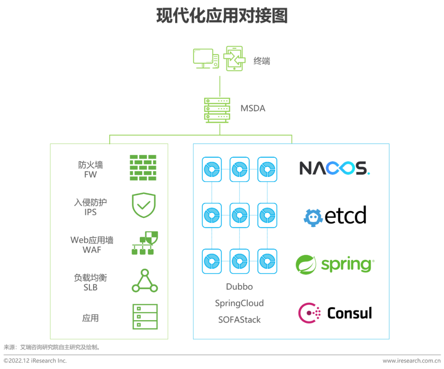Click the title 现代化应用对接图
point(222,16)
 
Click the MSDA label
point(253,109)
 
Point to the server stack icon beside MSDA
point(217,110)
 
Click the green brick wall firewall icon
point(143,168)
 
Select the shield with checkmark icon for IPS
point(143,205)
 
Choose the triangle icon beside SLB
point(145,281)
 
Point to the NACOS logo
point(334,168)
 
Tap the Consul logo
point(335,313)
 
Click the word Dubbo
point(239,287)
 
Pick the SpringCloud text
point(239,303)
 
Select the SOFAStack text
point(239,320)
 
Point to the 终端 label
point(262,61)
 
